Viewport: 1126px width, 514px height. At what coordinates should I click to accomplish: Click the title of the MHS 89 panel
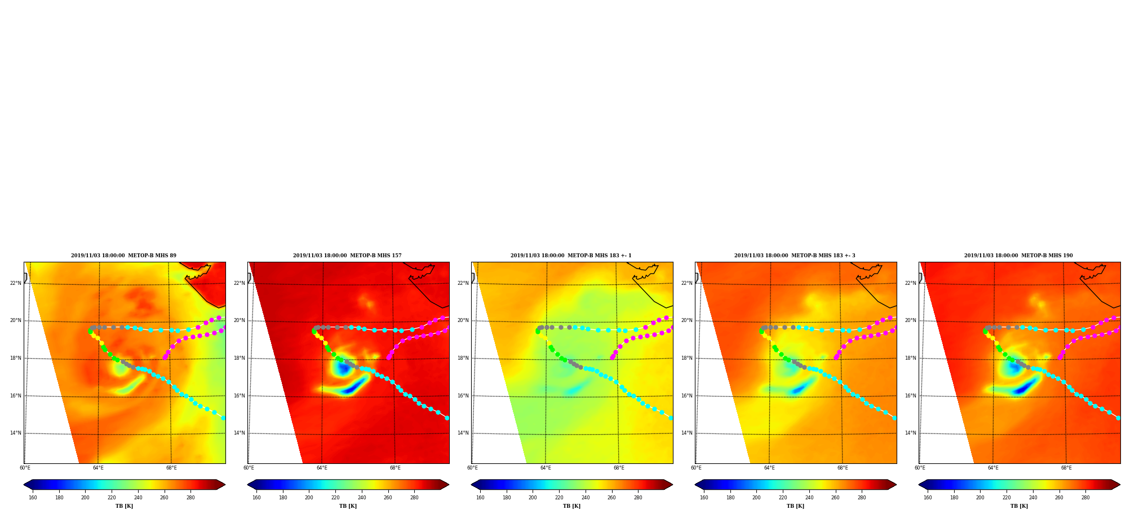tap(123, 256)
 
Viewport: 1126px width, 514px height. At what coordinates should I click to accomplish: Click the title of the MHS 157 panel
tap(347, 256)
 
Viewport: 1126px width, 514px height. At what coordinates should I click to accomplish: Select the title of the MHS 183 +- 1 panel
tap(571, 256)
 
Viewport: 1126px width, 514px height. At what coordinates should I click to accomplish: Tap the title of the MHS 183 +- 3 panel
tap(795, 256)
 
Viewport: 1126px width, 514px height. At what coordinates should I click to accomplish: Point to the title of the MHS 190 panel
tap(1018, 256)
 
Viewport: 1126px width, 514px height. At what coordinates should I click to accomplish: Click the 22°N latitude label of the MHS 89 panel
tap(16, 283)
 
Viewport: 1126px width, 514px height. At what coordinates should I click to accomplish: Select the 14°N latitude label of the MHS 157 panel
tap(240, 433)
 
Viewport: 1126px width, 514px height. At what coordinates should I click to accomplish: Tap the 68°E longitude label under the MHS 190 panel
tap(1066, 468)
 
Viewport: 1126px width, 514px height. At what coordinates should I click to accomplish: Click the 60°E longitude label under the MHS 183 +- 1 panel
tap(472, 468)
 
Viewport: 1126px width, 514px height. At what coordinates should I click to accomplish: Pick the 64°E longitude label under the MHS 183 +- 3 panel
tap(769, 468)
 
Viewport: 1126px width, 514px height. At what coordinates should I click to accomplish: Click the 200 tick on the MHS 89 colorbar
tap(85, 498)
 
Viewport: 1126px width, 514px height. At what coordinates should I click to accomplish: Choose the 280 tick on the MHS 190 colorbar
tap(1085, 498)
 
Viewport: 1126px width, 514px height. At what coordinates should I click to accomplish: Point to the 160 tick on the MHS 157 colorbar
tap(256, 498)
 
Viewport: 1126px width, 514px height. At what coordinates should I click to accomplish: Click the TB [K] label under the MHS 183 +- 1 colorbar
tap(571, 506)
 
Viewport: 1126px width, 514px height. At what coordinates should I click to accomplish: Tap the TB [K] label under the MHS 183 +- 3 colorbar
tap(795, 506)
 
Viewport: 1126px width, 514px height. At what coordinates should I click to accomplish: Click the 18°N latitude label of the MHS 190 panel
tap(911, 358)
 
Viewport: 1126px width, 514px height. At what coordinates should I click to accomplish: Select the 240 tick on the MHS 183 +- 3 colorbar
tap(809, 498)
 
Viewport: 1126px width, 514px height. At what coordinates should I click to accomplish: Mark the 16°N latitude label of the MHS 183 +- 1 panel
tap(463, 396)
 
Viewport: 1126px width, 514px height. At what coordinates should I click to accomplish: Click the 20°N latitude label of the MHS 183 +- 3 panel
tap(687, 320)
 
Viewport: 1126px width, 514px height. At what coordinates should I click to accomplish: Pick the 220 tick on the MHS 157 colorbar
tap(335, 498)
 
